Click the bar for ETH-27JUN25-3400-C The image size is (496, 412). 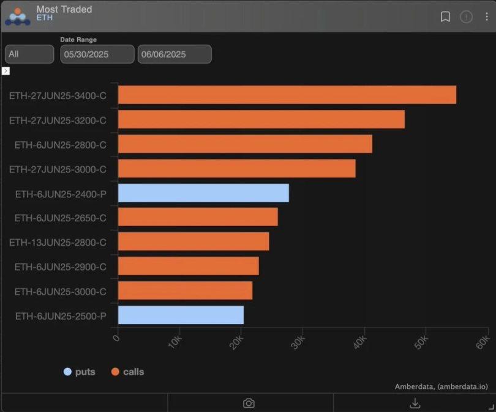pyautogui.click(x=287, y=95)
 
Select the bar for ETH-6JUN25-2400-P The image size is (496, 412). pyautogui.click(x=203, y=193)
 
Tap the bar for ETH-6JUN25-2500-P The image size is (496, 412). pyautogui.click(x=181, y=315)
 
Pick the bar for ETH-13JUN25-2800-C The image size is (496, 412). pyautogui.click(x=194, y=242)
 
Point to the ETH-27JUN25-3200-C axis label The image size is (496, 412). pyautogui.click(x=58, y=120)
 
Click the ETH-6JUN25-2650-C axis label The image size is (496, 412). pyautogui.click(x=60, y=218)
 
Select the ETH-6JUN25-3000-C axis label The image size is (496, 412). pyautogui.click(x=60, y=292)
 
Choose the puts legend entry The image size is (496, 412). pyautogui.click(x=80, y=372)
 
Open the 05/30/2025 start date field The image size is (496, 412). pyautogui.click(x=97, y=54)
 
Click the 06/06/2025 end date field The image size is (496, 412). pyautogui.click(x=175, y=54)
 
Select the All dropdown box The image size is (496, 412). pyautogui.click(x=29, y=54)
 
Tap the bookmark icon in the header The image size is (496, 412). pyautogui.click(x=445, y=17)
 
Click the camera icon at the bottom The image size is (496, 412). pyautogui.click(x=249, y=403)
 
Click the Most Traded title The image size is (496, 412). pyautogui.click(x=64, y=9)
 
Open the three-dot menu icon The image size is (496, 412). pyautogui.click(x=487, y=17)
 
